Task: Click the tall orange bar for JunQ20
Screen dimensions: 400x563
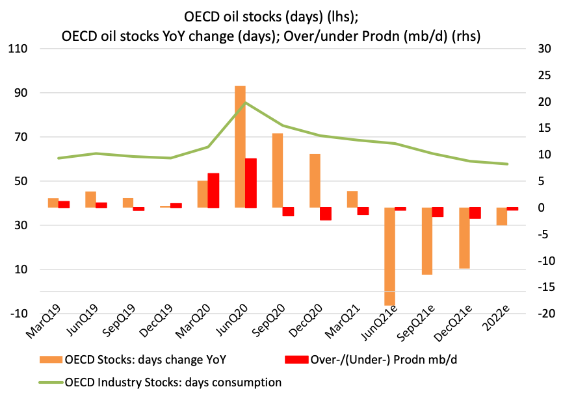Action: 240,146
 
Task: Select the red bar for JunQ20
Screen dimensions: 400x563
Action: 250,182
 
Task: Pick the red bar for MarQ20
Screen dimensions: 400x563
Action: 213,190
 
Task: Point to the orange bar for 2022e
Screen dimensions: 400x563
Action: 502,216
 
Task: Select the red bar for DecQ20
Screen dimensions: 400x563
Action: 325,214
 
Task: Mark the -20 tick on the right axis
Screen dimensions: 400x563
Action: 542,314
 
